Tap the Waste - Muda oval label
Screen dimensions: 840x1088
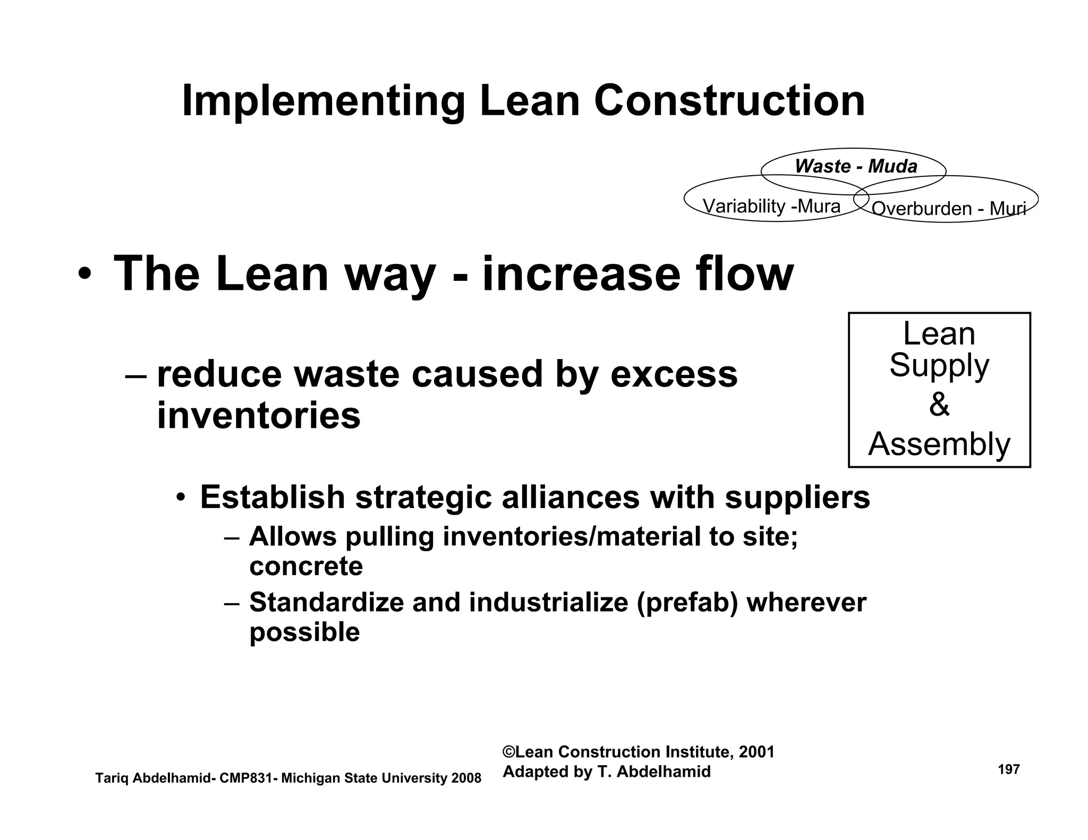pos(856,167)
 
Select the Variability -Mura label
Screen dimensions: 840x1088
pos(771,206)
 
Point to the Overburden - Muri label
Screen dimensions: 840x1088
pos(948,209)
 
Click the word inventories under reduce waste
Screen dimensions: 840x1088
pos(259,416)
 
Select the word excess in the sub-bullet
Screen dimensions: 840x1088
pos(674,374)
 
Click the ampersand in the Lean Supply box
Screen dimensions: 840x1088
pos(939,405)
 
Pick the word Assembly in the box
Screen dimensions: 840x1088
pos(939,444)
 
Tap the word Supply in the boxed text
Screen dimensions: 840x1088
pos(939,366)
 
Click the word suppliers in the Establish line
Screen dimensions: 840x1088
pos(797,498)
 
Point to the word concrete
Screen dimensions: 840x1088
pos(306,566)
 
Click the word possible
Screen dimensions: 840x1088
pos(304,632)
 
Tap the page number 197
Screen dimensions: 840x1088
pos(1009,769)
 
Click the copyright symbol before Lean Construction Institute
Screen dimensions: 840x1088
pos(509,752)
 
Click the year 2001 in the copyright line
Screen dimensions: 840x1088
pos(756,752)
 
